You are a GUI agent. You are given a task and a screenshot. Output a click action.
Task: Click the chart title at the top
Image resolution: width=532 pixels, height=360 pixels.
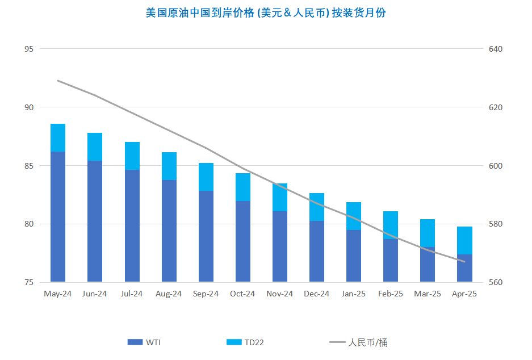[x=266, y=13]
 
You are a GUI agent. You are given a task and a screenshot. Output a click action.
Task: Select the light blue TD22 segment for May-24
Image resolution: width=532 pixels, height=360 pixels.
[x=58, y=138]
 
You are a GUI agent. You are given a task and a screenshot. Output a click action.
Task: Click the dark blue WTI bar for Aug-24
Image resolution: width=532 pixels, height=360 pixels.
[x=169, y=231]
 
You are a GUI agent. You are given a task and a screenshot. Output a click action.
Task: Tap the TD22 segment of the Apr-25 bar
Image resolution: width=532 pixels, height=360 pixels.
[x=464, y=241]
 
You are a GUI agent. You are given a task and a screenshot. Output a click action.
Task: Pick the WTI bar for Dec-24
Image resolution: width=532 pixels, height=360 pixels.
[x=317, y=252]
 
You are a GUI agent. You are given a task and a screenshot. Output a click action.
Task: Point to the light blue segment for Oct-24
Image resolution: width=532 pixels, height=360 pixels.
[x=243, y=187]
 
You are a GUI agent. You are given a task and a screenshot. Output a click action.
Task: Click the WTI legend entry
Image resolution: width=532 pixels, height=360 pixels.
[x=144, y=342]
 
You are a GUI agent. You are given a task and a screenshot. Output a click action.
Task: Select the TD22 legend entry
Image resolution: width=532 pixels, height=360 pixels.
[x=245, y=342]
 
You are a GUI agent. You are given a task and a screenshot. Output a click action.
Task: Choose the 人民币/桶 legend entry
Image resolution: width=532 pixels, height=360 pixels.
[x=358, y=342]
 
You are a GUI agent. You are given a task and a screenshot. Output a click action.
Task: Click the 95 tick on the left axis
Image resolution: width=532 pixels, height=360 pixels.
[x=29, y=49]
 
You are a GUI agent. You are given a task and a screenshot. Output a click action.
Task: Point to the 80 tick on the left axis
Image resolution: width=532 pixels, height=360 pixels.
[x=29, y=224]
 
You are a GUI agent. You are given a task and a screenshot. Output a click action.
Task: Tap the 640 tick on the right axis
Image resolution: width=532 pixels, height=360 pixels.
[x=495, y=49]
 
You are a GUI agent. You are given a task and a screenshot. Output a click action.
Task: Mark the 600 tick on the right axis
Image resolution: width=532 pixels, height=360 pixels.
[x=495, y=166]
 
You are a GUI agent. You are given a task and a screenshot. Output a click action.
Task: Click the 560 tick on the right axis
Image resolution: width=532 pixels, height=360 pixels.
[x=495, y=282]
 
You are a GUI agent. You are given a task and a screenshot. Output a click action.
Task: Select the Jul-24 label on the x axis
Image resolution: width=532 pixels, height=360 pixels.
[x=132, y=294]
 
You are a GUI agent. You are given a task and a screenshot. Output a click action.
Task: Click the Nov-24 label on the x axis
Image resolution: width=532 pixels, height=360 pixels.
[x=279, y=294]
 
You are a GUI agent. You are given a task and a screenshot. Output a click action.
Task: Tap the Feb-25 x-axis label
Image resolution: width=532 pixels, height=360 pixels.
[x=391, y=294]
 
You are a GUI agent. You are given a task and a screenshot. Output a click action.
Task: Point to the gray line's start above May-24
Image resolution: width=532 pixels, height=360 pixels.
[x=58, y=81]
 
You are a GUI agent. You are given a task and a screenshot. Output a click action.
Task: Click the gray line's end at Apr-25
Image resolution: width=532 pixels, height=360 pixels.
[x=464, y=262]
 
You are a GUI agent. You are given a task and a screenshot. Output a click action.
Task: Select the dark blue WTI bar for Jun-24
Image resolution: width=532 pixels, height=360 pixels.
[x=95, y=221]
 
